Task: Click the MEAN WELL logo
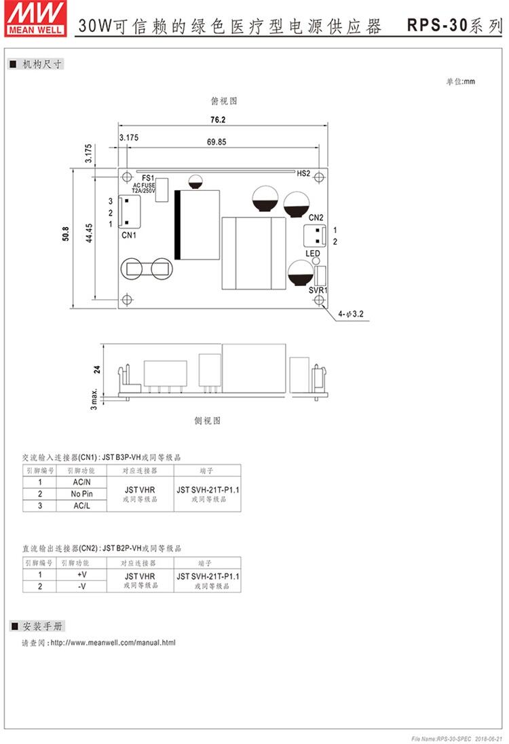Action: pyautogui.click(x=35, y=18)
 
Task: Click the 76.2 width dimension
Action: pyautogui.click(x=218, y=120)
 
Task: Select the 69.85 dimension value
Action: pyautogui.click(x=216, y=142)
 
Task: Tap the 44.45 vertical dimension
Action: pyautogui.click(x=89, y=233)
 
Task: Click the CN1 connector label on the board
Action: pyautogui.click(x=129, y=235)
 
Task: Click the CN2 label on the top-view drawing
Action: pyautogui.click(x=316, y=217)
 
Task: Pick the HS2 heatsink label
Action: pyautogui.click(x=303, y=174)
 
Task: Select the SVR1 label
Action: pyautogui.click(x=318, y=290)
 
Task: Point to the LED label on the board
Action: pyautogui.click(x=313, y=254)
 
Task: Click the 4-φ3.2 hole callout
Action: pyautogui.click(x=351, y=314)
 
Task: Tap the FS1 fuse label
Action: pyautogui.click(x=148, y=178)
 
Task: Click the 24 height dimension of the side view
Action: pyautogui.click(x=97, y=369)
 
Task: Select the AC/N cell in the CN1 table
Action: pyautogui.click(x=81, y=482)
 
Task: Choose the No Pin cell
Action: pyautogui.click(x=81, y=493)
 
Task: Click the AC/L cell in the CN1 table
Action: pyautogui.click(x=81, y=506)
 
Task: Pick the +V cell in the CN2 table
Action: pyautogui.click(x=81, y=575)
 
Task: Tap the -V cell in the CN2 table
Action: pyautogui.click(x=81, y=586)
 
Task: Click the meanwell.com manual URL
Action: pyautogui.click(x=113, y=643)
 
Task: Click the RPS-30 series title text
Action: pyautogui.click(x=455, y=25)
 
